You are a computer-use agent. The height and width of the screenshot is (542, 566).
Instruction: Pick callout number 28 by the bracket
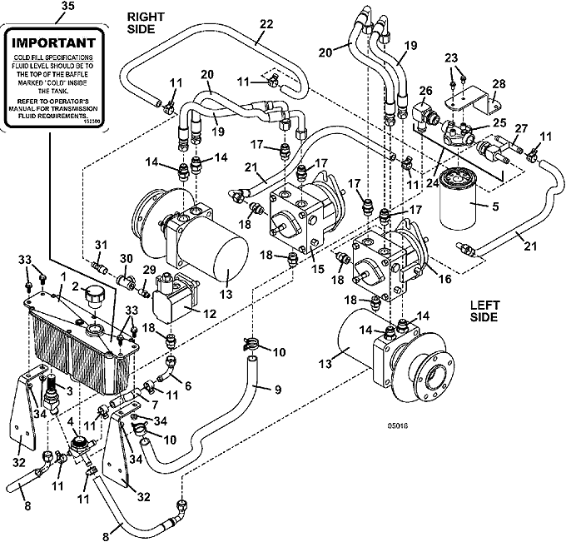499,85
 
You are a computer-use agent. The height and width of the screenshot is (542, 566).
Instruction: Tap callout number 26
425,91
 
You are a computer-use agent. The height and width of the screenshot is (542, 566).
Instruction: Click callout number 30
127,258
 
